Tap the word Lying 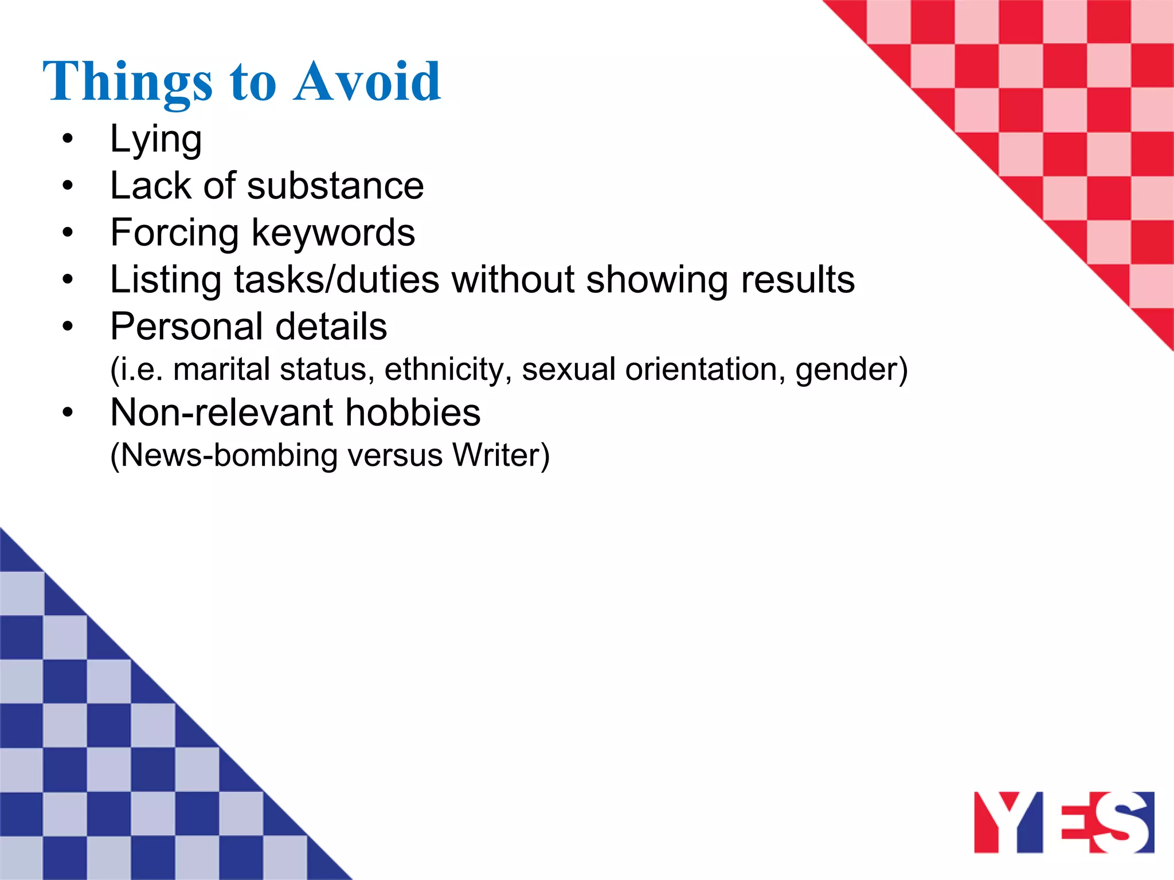click(155, 139)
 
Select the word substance click(335, 186)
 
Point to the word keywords click(333, 233)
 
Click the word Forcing click(174, 234)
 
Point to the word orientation click(705, 369)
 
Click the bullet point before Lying click(68, 139)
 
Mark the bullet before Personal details click(68, 327)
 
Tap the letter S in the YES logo click(1121, 822)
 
